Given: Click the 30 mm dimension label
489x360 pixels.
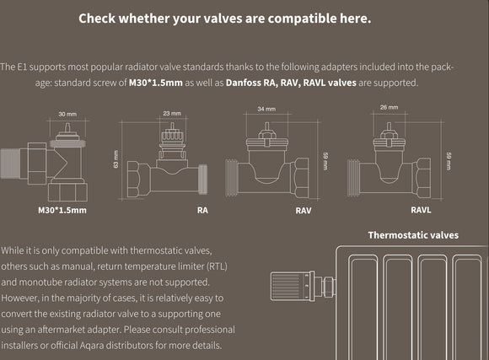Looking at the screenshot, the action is (67, 114).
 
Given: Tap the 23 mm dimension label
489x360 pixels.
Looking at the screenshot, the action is (172, 113).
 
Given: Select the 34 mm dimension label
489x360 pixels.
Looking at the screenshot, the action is (266, 109).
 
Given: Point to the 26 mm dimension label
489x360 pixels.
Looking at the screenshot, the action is (389, 107).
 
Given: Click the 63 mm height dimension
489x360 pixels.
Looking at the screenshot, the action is (116, 159).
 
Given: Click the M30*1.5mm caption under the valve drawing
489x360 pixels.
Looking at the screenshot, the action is (62, 210).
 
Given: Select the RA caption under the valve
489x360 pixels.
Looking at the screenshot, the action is (202, 210).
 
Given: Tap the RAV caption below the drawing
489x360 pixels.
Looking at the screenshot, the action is (304, 211).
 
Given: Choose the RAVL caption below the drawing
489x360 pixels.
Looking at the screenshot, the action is (421, 210).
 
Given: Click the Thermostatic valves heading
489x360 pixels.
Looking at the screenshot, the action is (413, 235).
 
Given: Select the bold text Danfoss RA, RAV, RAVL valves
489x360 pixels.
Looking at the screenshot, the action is (291, 83).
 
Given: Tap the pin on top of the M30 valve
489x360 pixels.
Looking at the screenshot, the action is (67, 127).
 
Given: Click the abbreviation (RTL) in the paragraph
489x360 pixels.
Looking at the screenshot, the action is (217, 266).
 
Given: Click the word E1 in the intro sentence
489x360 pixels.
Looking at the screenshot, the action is (22, 67).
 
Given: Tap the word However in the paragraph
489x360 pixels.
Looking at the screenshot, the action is (19, 298).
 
